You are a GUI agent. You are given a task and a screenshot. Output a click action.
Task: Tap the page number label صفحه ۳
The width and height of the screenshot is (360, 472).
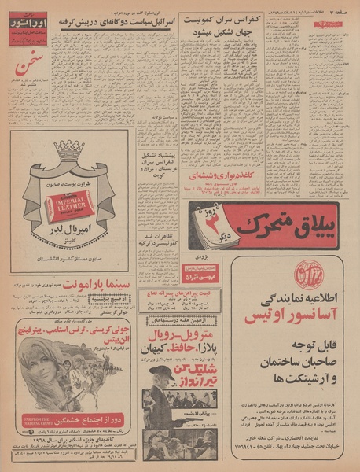334,9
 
